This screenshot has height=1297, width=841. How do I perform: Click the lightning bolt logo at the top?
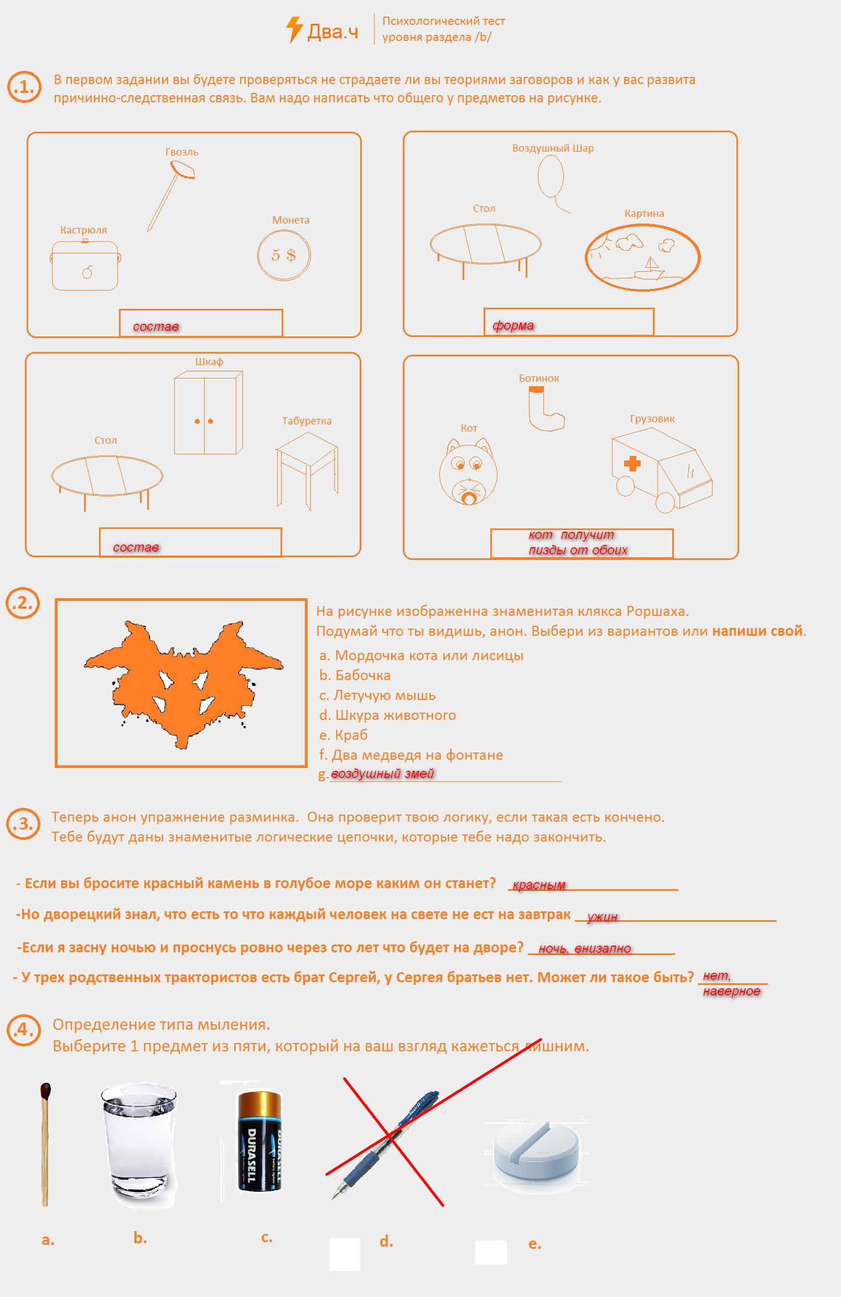(294, 30)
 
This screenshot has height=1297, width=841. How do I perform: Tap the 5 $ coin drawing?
(284, 255)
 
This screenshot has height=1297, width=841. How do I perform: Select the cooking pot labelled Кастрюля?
(85, 265)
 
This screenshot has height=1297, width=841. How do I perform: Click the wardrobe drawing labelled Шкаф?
(208, 412)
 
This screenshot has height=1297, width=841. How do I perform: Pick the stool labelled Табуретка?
(307, 470)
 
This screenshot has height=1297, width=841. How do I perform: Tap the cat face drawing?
(469, 471)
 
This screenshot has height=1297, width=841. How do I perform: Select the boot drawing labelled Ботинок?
(546, 408)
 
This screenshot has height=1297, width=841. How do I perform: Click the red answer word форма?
(513, 325)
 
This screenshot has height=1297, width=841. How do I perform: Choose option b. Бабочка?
(355, 675)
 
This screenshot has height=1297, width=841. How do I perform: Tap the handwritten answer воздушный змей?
(383, 774)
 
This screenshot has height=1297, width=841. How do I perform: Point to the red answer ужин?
(602, 917)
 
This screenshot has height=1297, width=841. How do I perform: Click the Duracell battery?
(259, 1141)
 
